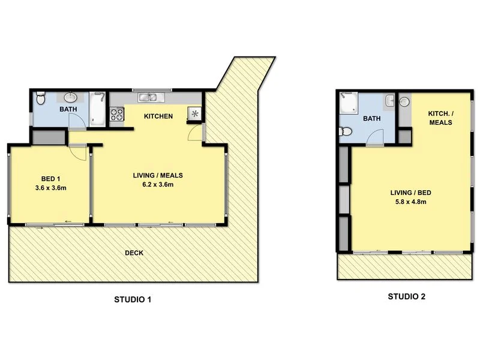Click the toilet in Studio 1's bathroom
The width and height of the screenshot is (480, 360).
pyautogui.click(x=40, y=97)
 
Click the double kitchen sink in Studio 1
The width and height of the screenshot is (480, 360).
pyautogui.click(x=147, y=97)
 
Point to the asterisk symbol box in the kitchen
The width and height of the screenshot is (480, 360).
pyautogui.click(x=194, y=112)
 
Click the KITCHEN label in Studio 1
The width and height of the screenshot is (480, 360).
pyautogui.click(x=158, y=116)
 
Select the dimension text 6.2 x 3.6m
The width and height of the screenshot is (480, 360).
pyautogui.click(x=157, y=185)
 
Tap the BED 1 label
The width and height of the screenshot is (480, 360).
pyautogui.click(x=50, y=179)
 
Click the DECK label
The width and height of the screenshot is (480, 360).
pyautogui.click(x=134, y=253)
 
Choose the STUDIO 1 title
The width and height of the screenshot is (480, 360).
pyautogui.click(x=133, y=299)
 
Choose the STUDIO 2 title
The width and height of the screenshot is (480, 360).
pyautogui.click(x=406, y=296)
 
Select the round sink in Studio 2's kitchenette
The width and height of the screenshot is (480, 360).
pyautogui.click(x=404, y=101)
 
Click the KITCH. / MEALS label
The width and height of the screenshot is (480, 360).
pyautogui.click(x=440, y=118)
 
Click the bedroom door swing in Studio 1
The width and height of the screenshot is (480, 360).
pyautogui.click(x=78, y=152)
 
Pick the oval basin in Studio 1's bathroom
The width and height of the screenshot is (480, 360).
pyautogui.click(x=70, y=97)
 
